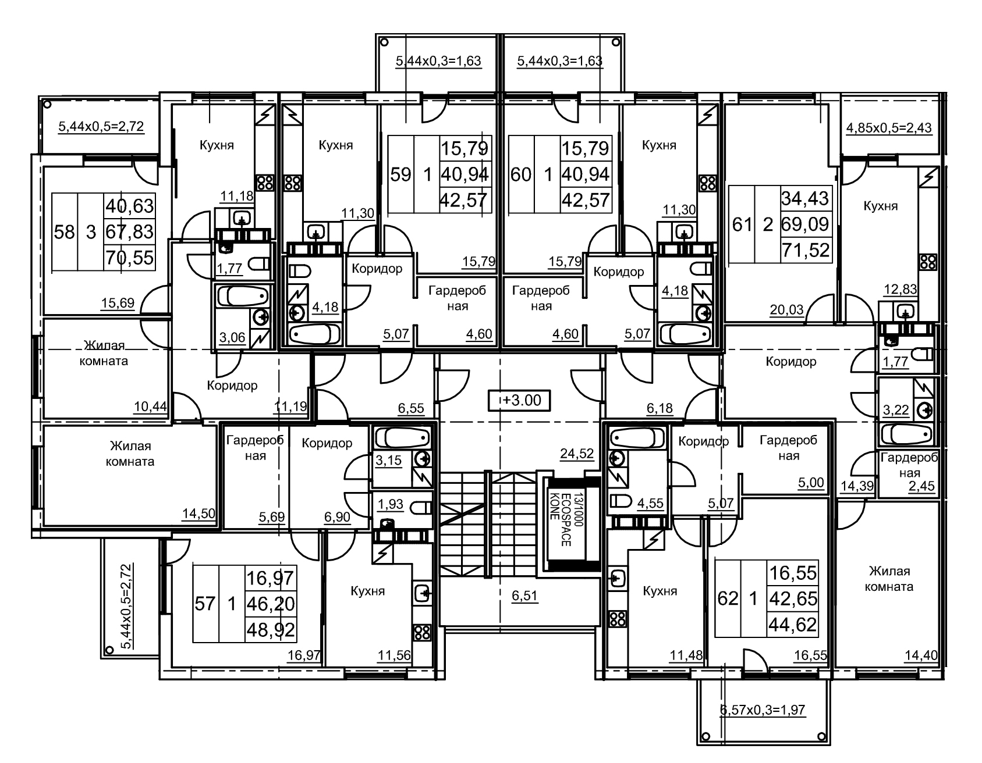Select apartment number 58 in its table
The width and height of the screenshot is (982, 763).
65,232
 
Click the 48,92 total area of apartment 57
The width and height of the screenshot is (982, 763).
271,629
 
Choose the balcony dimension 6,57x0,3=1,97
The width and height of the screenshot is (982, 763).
763,710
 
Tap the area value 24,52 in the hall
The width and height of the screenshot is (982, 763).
577,454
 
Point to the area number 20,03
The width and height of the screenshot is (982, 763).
786,310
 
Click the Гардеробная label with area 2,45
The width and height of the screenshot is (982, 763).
909,465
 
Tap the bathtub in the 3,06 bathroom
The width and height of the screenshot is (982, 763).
240,297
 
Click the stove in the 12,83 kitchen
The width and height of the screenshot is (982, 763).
927,261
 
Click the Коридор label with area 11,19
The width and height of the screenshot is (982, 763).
232,385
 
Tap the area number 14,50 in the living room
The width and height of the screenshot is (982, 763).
198,513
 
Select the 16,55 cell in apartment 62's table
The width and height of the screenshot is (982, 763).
793,573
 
